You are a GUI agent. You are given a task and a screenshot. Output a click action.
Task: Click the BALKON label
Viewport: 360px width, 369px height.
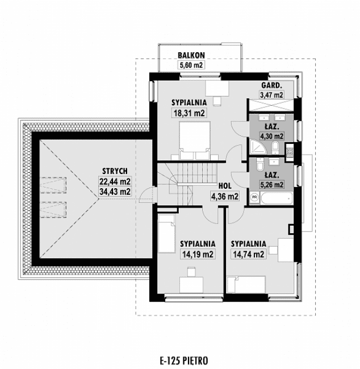[190, 55]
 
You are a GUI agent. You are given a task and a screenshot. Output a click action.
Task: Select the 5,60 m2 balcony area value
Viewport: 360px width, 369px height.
[191, 65]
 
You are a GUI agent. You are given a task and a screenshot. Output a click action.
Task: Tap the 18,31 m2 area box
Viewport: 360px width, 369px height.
[189, 113]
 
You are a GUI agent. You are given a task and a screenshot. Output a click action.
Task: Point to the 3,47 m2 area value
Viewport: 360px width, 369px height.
[271, 95]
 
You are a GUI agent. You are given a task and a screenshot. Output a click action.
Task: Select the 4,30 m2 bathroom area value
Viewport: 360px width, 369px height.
[271, 136]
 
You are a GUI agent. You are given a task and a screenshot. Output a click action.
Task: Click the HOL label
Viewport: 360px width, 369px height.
[225, 186]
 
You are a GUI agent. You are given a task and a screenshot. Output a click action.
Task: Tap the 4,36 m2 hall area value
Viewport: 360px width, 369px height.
[224, 196]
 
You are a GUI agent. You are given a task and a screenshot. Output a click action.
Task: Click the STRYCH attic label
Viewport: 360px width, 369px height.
[114, 171]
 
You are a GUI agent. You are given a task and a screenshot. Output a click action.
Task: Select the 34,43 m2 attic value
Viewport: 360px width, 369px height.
[115, 192]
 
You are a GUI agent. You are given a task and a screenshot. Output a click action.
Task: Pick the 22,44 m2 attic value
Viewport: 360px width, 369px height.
[115, 181]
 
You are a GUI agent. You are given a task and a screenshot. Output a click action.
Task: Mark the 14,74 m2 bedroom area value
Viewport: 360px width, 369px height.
[248, 254]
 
